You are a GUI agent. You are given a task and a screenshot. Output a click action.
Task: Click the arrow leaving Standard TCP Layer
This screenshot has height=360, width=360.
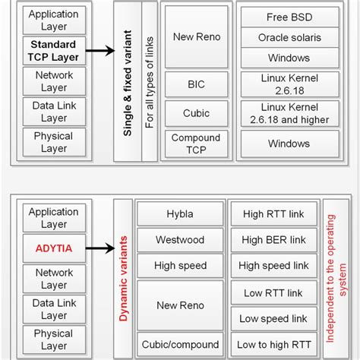[x=99, y=51]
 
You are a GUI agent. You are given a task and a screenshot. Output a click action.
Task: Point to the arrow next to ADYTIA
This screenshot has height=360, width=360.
[x=99, y=247]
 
